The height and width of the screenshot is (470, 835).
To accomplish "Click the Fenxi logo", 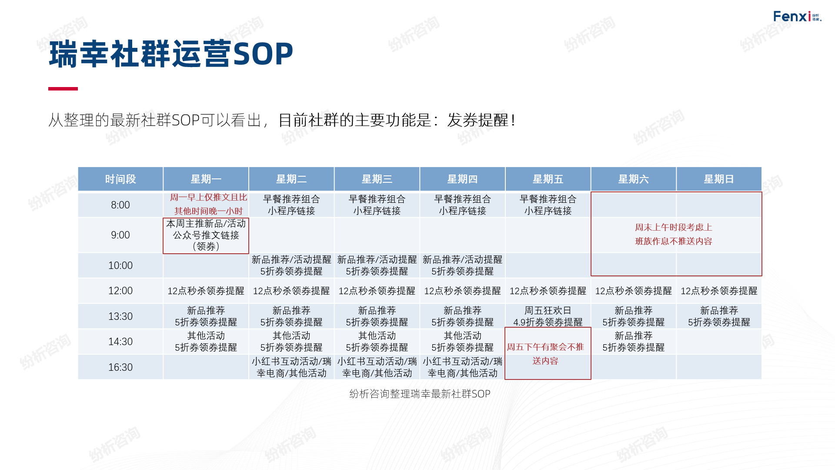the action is click(x=797, y=17).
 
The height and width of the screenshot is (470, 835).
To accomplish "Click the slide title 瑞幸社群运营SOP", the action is click(x=171, y=54).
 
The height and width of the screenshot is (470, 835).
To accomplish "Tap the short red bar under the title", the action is click(x=63, y=89).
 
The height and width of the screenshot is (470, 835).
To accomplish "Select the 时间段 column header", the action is click(x=120, y=179).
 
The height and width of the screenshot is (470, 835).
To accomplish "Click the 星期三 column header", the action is click(x=377, y=179).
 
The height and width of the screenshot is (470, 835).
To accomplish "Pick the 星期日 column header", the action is click(x=719, y=179).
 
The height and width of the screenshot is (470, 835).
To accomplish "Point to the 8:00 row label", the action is click(x=120, y=205).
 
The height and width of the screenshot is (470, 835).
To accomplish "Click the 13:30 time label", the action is click(x=120, y=316).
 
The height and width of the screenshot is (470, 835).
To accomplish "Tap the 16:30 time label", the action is click(x=120, y=367).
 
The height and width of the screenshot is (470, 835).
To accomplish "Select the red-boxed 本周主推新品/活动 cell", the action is click(x=206, y=235).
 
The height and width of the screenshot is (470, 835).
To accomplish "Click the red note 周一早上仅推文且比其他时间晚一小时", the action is click(x=208, y=204).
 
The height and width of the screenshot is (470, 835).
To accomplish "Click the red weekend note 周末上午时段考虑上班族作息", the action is click(x=674, y=234).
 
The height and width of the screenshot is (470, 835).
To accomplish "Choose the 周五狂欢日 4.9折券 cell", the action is click(x=548, y=316).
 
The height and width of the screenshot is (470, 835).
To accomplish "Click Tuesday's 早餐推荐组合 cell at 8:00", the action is click(x=291, y=205).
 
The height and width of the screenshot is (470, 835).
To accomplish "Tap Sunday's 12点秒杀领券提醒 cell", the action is click(x=719, y=291).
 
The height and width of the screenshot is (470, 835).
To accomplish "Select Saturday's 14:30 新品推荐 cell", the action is click(x=634, y=342).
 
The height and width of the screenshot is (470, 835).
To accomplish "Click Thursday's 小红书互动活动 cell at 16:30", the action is click(x=462, y=367).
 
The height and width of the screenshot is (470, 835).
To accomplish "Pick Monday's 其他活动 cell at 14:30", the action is click(x=206, y=342).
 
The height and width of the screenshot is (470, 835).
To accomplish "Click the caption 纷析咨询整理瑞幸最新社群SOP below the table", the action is click(x=420, y=394).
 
